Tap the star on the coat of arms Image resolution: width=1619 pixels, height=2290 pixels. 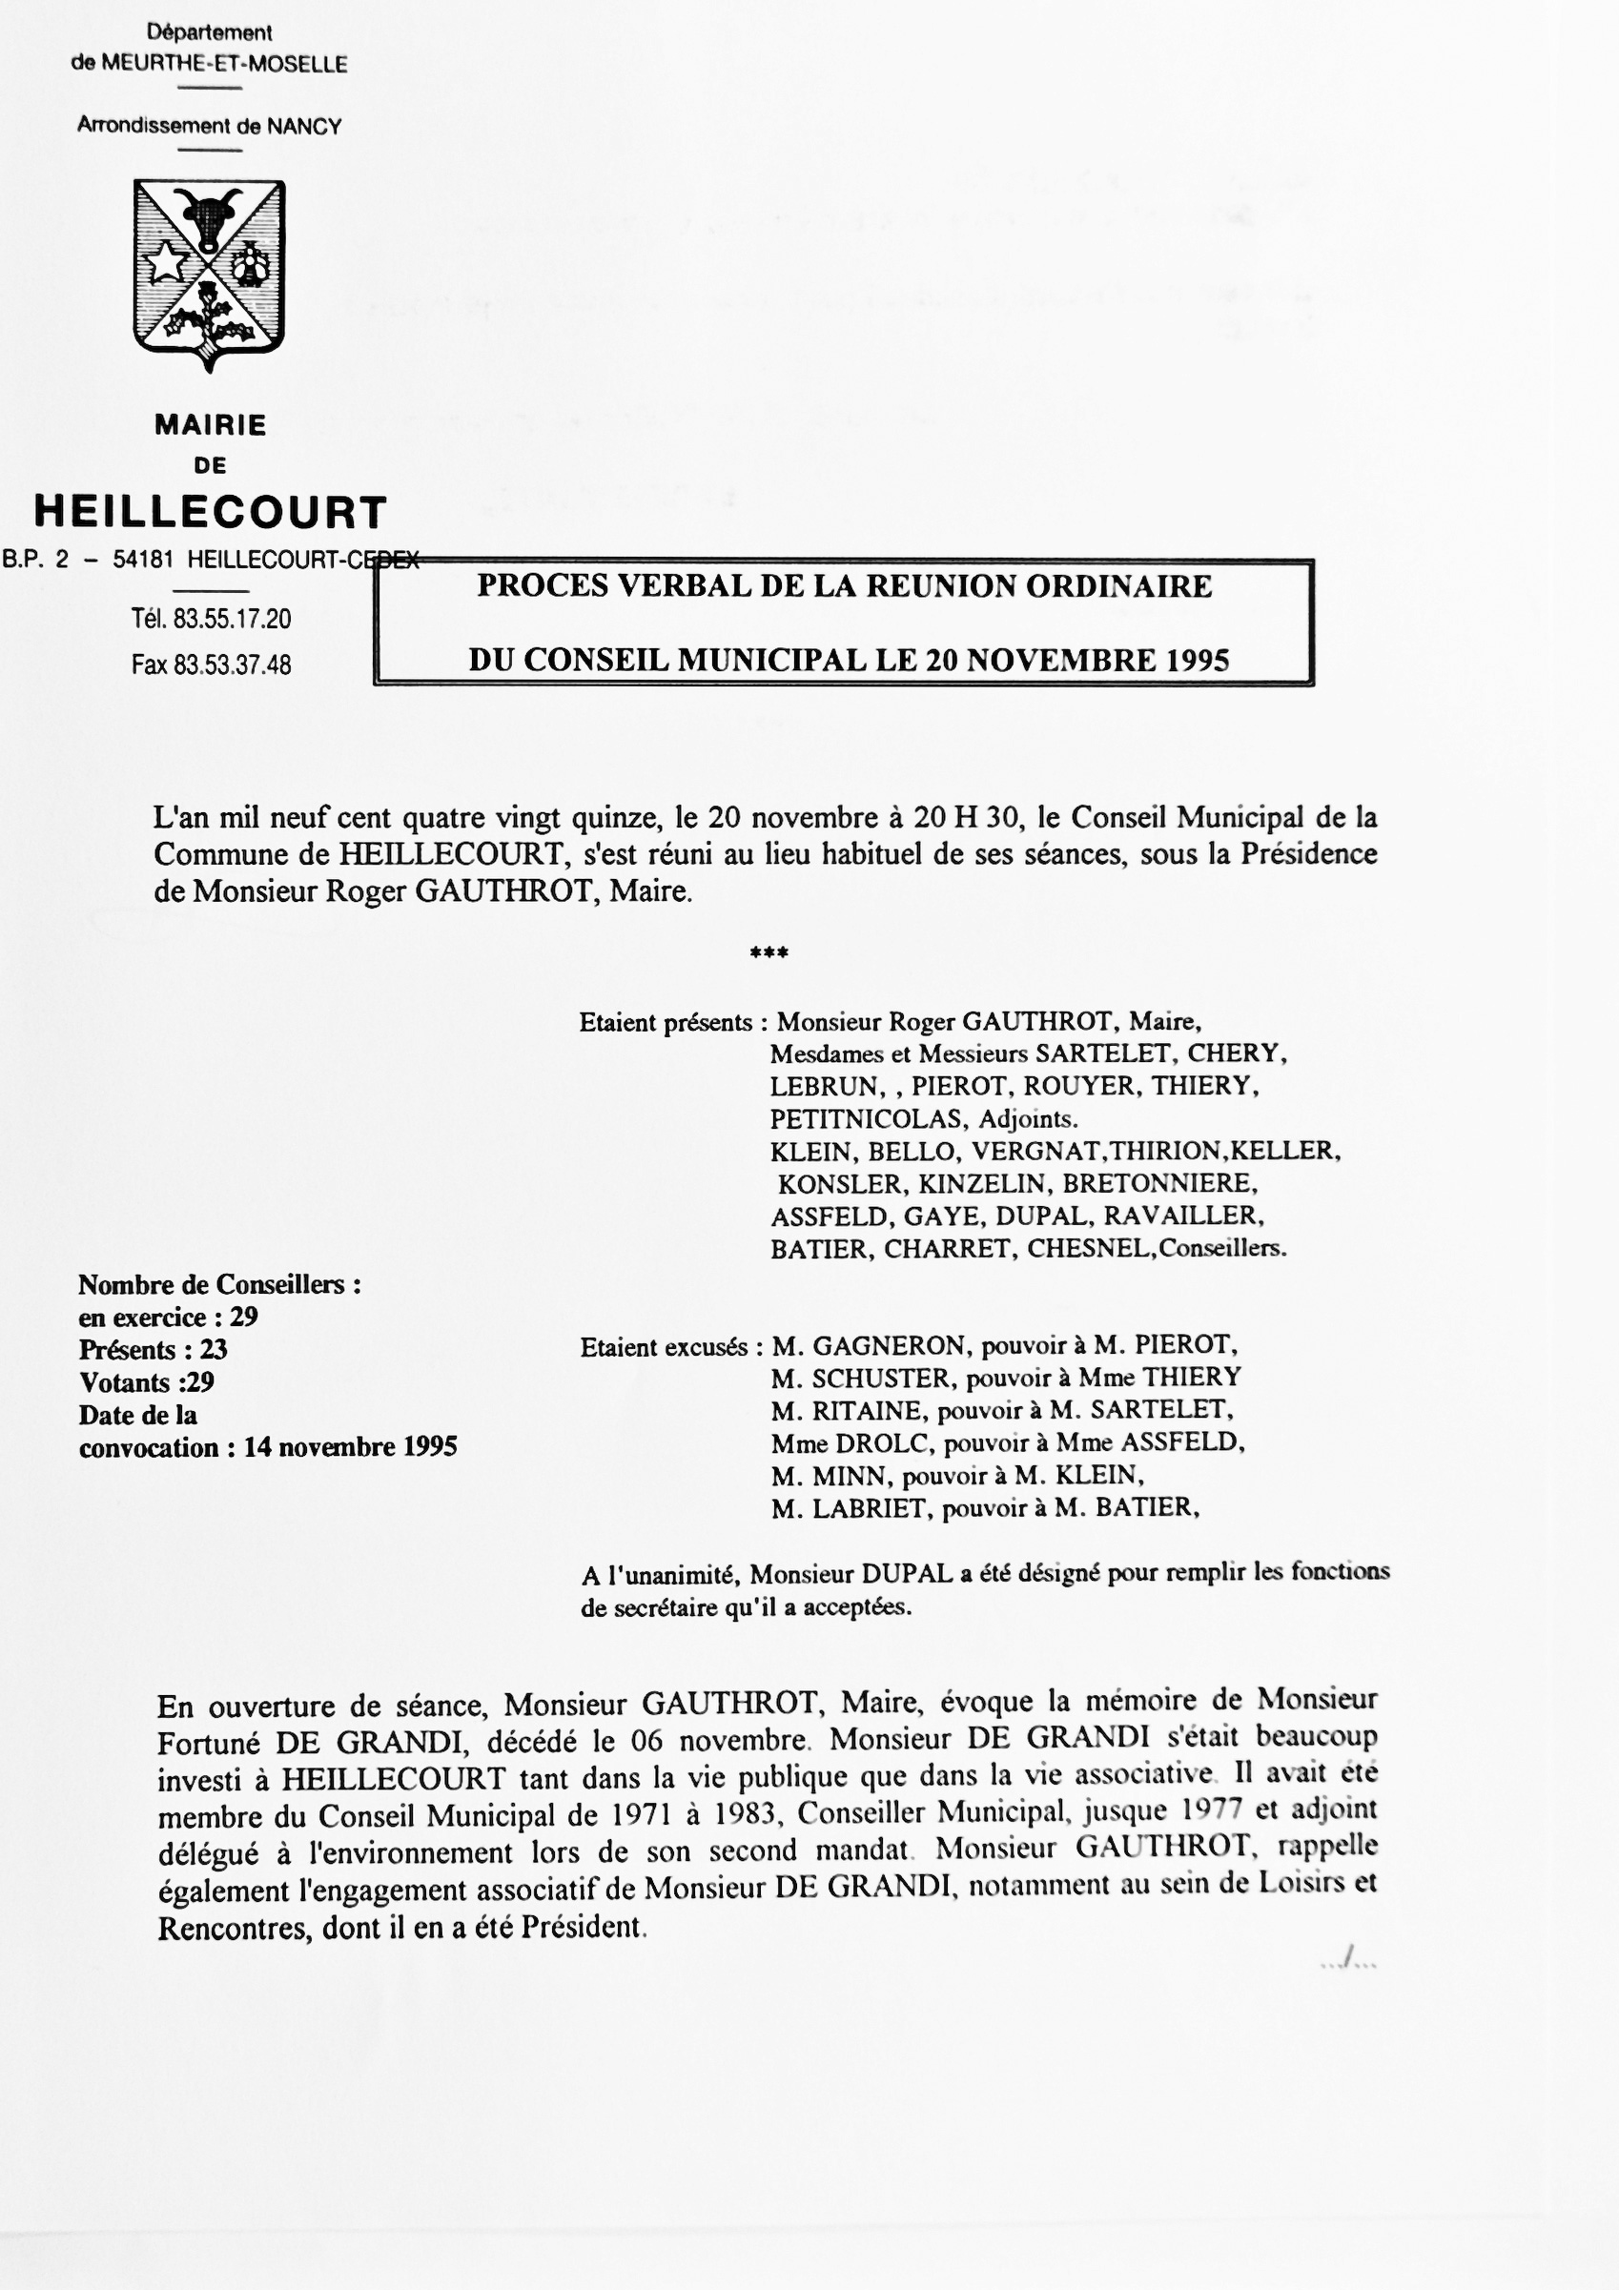pyautogui.click(x=167, y=264)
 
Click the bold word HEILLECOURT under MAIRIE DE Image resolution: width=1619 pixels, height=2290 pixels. pyautogui.click(x=211, y=512)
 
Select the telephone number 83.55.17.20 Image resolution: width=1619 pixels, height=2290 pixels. pyautogui.click(x=232, y=620)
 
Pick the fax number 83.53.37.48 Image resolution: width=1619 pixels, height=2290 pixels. pyautogui.click(x=232, y=665)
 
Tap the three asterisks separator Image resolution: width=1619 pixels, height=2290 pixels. pyautogui.click(x=769, y=953)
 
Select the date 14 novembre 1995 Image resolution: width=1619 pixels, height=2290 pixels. pyautogui.click(x=350, y=1447)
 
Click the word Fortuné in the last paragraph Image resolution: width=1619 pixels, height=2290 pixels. pyautogui.click(x=208, y=1743)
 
